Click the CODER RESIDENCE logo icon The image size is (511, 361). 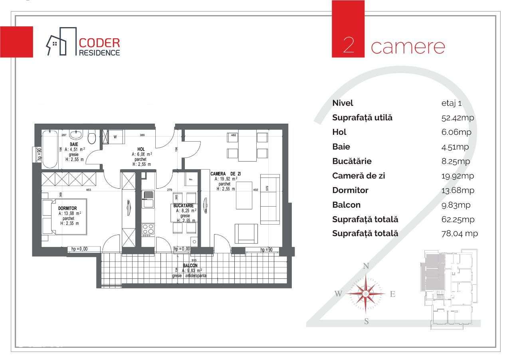click(x=61, y=41)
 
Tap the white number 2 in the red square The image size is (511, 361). click(x=348, y=45)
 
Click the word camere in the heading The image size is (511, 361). click(x=408, y=46)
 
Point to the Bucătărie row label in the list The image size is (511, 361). click(x=352, y=161)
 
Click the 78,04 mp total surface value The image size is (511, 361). click(x=457, y=234)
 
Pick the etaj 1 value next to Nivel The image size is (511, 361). click(x=449, y=103)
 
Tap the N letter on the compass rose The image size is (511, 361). click(x=366, y=266)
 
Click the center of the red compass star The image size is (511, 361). click(x=366, y=294)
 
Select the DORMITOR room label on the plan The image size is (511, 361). click(x=67, y=208)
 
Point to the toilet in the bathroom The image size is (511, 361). click(x=92, y=138)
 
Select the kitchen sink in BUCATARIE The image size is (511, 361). click(x=148, y=199)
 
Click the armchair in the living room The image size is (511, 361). click(x=246, y=233)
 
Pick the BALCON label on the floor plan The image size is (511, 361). click(x=190, y=265)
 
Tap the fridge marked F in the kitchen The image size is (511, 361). click(x=190, y=179)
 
